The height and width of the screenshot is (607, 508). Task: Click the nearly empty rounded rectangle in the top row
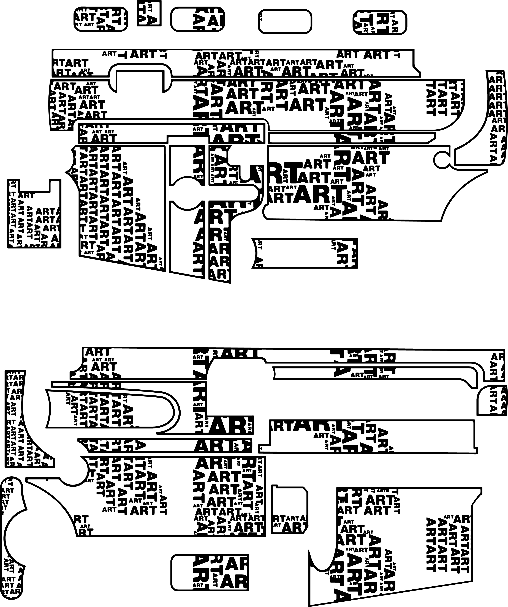point(285,21)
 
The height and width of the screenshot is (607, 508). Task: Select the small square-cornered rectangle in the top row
point(149,13)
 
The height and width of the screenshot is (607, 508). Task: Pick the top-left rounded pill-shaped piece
point(101,19)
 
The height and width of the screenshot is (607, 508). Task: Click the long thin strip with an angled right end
point(351,138)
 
